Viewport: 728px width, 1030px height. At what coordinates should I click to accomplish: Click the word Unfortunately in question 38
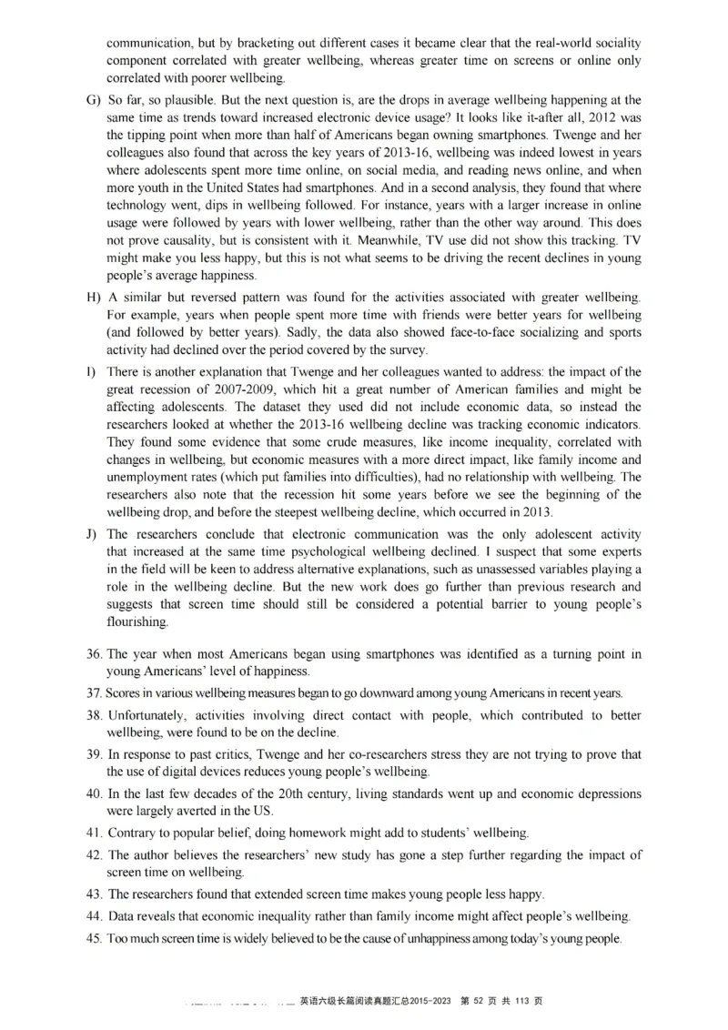coord(147,715)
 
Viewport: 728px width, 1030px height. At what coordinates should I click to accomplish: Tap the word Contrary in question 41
coord(130,833)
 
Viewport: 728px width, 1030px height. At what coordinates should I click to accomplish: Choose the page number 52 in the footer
coord(478,1001)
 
